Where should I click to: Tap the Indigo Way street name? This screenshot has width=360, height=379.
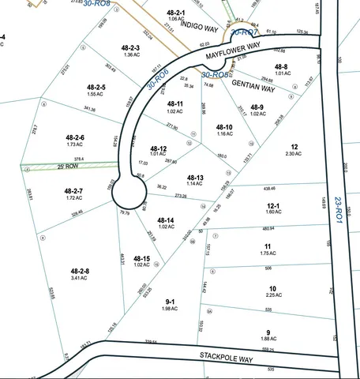[x=197, y=25]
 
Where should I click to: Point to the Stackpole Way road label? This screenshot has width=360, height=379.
[x=227, y=357]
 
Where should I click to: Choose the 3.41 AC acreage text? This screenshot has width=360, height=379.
[x=77, y=278]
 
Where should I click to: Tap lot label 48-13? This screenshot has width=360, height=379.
[x=195, y=178]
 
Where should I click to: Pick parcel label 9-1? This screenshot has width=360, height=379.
[x=171, y=301]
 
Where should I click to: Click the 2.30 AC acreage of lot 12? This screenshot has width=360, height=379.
[x=294, y=153]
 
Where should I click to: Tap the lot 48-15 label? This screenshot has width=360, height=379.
[x=141, y=258]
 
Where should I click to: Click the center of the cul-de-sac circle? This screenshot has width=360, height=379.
[x=128, y=193]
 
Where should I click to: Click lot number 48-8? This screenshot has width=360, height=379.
[x=281, y=66]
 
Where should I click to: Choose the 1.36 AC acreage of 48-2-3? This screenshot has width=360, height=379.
[x=132, y=55]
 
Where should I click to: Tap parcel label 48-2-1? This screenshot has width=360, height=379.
[x=175, y=13]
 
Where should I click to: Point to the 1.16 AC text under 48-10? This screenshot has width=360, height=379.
[x=224, y=134]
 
